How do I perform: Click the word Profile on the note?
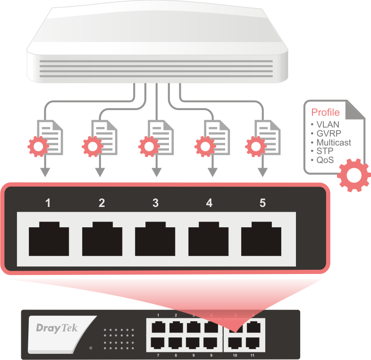coord(325,112)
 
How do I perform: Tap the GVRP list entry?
coord(329,134)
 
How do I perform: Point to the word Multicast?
coord(334,143)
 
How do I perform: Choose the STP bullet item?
coord(324,151)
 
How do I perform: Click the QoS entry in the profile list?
coord(325,160)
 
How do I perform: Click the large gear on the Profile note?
coord(353,176)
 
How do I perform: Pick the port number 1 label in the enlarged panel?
coord(48,203)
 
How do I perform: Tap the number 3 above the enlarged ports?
coord(155,203)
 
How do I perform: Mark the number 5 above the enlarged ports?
coord(262,203)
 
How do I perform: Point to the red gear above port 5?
coord(255,147)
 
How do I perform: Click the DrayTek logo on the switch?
coord(57,327)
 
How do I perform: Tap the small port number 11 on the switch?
coord(252,354)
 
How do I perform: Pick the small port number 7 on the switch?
coord(158,354)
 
